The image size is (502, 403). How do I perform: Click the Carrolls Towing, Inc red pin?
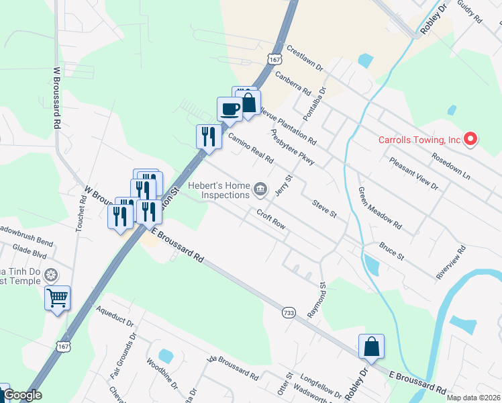click(x=470, y=140)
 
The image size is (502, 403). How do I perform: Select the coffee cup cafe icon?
click(x=230, y=109)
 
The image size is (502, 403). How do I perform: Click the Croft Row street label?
click(x=272, y=219)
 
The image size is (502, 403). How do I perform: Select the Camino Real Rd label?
click(x=250, y=148)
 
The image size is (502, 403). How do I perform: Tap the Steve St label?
click(x=323, y=208)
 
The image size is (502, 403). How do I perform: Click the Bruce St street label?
click(x=392, y=252)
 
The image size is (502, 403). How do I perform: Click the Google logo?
click(x=22, y=395)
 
